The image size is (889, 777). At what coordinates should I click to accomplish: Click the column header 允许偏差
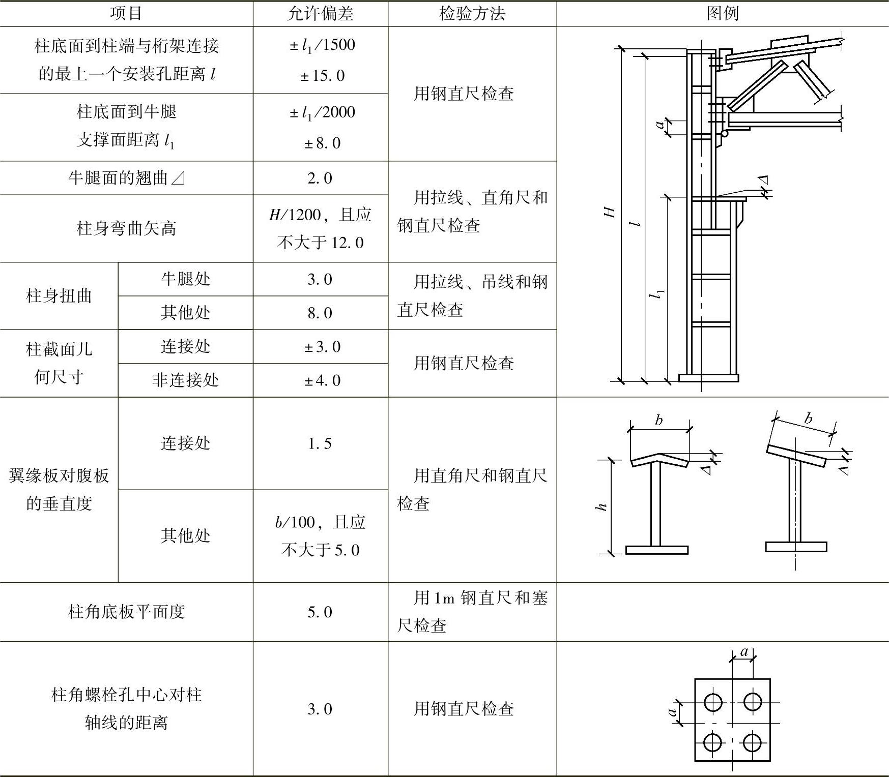320,14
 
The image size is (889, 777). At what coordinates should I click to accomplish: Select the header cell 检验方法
472,14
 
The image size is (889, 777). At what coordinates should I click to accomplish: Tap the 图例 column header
722,14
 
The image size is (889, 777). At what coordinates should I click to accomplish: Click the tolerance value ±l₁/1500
322,45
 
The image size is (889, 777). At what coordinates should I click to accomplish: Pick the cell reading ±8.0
322,143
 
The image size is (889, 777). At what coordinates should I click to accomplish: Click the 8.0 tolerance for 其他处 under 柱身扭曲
320,313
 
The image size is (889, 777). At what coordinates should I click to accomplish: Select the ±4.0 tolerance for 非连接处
322,380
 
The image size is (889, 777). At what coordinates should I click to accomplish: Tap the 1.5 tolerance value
320,443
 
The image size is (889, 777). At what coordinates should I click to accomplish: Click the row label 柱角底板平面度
126,612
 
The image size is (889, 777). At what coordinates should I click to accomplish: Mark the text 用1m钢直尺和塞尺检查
472,611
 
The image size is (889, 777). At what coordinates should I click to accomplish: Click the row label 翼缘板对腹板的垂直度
59,489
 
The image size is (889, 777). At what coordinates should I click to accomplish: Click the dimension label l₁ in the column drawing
658,294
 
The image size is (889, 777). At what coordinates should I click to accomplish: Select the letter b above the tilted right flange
808,419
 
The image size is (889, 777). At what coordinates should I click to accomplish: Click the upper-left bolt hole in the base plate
713,703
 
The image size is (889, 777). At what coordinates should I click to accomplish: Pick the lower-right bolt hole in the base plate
752,743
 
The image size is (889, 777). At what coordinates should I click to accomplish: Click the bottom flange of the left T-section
656,550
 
